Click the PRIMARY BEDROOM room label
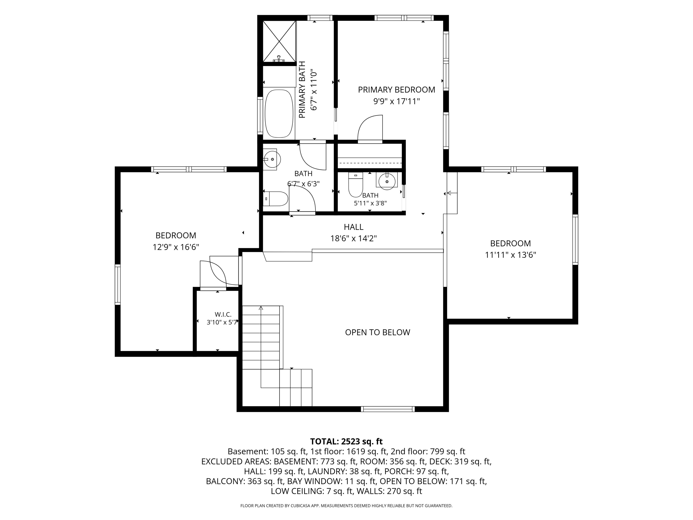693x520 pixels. (x=396, y=90)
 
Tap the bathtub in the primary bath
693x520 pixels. (x=279, y=113)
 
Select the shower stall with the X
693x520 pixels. (x=279, y=41)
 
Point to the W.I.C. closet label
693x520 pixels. (x=223, y=314)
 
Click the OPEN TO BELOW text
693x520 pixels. (x=377, y=332)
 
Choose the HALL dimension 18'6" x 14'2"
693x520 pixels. (x=353, y=239)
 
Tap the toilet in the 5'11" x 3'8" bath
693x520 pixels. (x=355, y=185)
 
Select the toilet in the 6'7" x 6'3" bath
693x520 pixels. (x=275, y=199)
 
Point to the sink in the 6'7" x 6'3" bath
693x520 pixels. (x=272, y=159)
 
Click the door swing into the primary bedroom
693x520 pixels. (x=370, y=129)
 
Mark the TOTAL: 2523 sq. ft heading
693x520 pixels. (x=346, y=441)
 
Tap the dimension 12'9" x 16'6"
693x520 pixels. (x=176, y=247)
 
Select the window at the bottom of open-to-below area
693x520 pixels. (x=388, y=409)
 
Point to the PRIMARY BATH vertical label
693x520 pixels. (x=302, y=90)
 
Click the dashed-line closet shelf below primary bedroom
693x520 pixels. (x=370, y=163)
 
